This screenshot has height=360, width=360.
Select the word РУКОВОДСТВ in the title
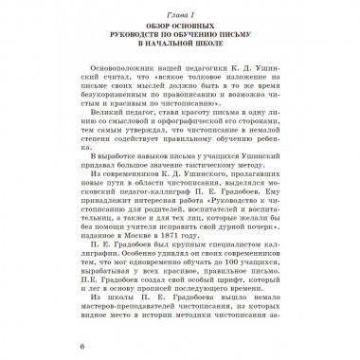137,42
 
